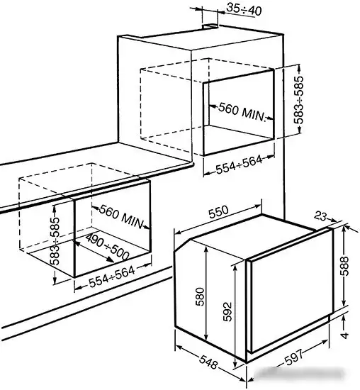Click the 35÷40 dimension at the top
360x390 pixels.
pyautogui.click(x=244, y=10)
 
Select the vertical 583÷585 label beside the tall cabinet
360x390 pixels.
pyautogui.click(x=298, y=100)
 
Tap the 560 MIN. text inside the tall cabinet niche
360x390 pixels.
pyautogui.click(x=242, y=113)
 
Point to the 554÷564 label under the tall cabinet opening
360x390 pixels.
pyautogui.click(x=239, y=165)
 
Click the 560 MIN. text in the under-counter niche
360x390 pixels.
pyautogui.click(x=122, y=217)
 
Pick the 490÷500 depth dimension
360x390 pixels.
pyautogui.click(x=108, y=247)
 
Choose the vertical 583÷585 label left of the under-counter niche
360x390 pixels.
pyautogui.click(x=55, y=241)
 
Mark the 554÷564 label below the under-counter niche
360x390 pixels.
pyautogui.click(x=112, y=277)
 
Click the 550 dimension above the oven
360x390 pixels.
pyautogui.click(x=218, y=212)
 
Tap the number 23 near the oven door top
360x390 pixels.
pyautogui.click(x=320, y=216)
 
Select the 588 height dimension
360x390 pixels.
pyautogui.click(x=344, y=266)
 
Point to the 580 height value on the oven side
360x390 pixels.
pyautogui.click(x=200, y=296)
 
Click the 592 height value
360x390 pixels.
pyautogui.click(x=227, y=312)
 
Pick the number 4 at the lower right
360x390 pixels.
pyautogui.click(x=344, y=335)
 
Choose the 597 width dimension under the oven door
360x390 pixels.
pyautogui.click(x=293, y=357)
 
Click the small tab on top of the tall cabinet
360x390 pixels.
pyautogui.click(x=210, y=26)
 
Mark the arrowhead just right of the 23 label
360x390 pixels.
pyautogui.click(x=332, y=220)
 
